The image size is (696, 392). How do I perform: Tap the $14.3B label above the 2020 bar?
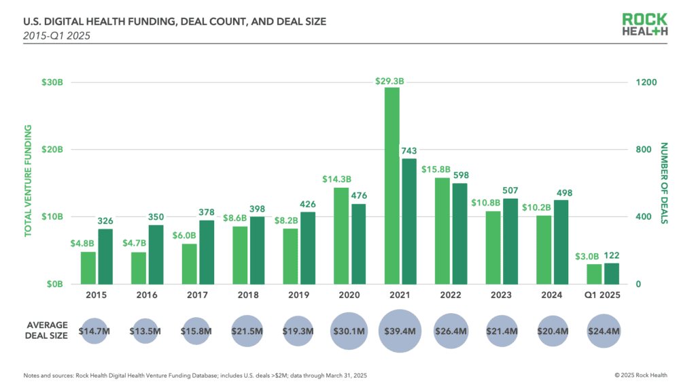click(335, 180)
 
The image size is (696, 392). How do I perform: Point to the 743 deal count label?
click(408, 151)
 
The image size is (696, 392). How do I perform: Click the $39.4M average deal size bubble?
click(400, 331)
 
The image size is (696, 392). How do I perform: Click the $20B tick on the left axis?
click(52, 149)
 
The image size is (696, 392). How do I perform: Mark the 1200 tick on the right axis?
click(646, 82)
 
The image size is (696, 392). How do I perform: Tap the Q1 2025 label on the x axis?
click(602, 295)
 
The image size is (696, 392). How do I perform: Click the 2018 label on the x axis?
click(249, 295)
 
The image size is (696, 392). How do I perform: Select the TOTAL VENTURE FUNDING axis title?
click(29, 183)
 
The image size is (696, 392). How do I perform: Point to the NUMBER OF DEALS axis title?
click(665, 183)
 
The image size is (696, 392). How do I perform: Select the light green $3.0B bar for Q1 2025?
click(594, 274)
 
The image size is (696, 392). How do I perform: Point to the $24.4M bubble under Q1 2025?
click(603, 331)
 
